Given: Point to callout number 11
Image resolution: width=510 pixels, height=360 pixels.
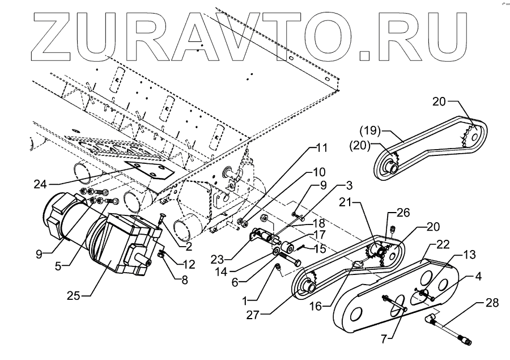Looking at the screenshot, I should (322, 148).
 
